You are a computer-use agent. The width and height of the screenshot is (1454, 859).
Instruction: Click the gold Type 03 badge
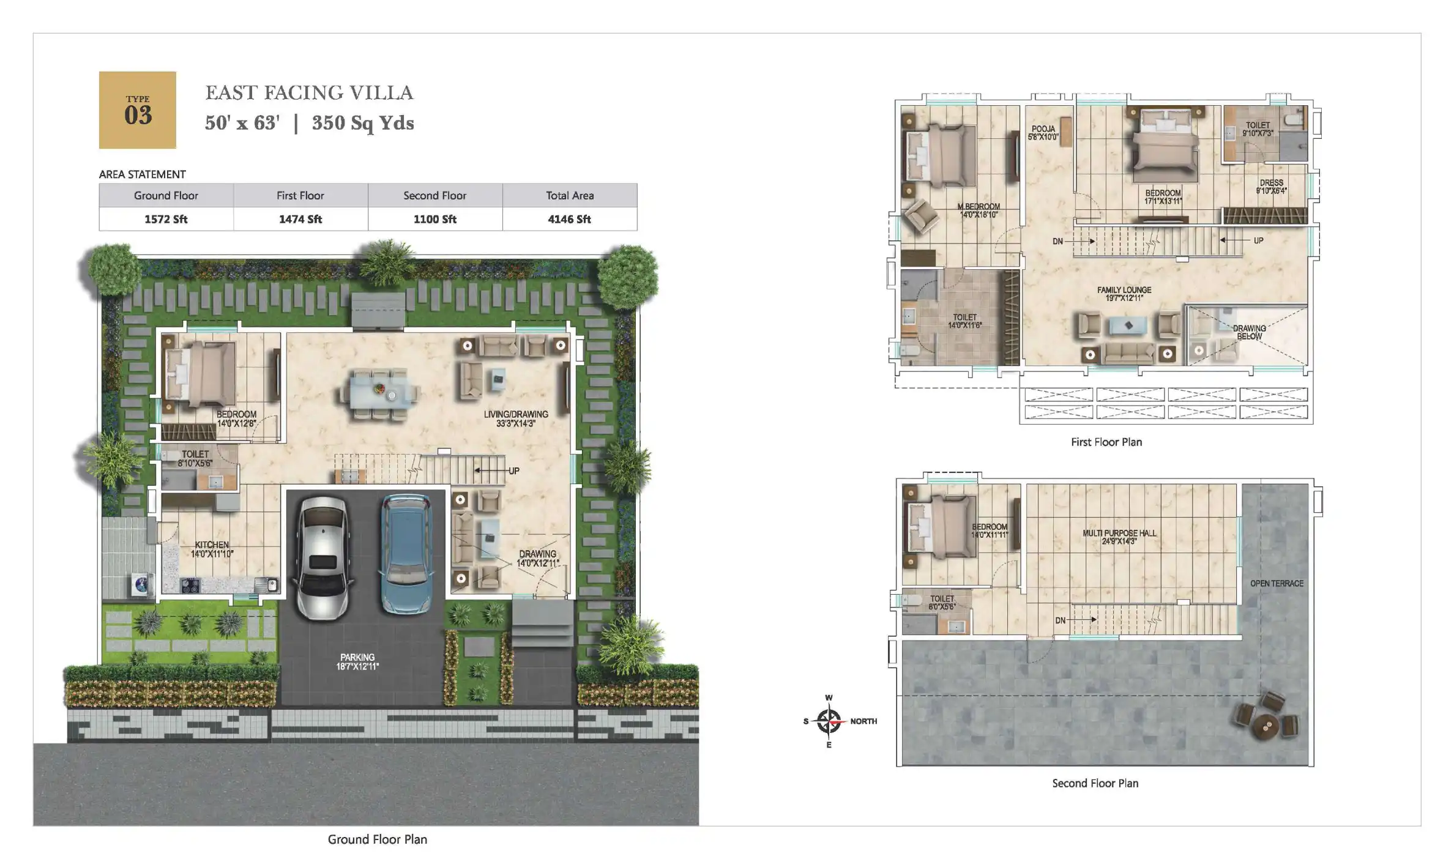138,110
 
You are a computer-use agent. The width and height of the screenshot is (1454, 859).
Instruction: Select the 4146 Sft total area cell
569,219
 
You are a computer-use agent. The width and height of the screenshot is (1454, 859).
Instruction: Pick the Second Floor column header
434,195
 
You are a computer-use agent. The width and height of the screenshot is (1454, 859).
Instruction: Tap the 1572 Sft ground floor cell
166,219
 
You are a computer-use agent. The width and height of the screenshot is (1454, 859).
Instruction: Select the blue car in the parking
406,554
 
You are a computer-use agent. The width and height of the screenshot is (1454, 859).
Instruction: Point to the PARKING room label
357,661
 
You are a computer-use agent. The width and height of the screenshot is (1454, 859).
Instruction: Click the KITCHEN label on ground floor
212,549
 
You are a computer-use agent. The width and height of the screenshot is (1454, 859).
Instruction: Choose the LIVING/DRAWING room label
516,418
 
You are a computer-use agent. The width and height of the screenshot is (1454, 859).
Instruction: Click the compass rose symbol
829,721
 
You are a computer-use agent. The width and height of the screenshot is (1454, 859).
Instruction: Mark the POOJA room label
1043,132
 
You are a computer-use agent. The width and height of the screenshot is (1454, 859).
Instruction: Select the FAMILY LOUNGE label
1124,294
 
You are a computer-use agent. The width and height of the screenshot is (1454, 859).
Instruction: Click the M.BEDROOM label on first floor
979,210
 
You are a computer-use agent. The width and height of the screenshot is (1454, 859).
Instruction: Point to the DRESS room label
1271,186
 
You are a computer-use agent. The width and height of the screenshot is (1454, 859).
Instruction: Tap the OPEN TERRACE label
1277,583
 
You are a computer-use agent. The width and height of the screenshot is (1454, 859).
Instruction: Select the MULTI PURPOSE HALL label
1119,537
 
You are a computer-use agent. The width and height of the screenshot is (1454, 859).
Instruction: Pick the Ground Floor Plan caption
377,839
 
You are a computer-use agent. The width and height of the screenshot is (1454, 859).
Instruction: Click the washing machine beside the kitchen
141,584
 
